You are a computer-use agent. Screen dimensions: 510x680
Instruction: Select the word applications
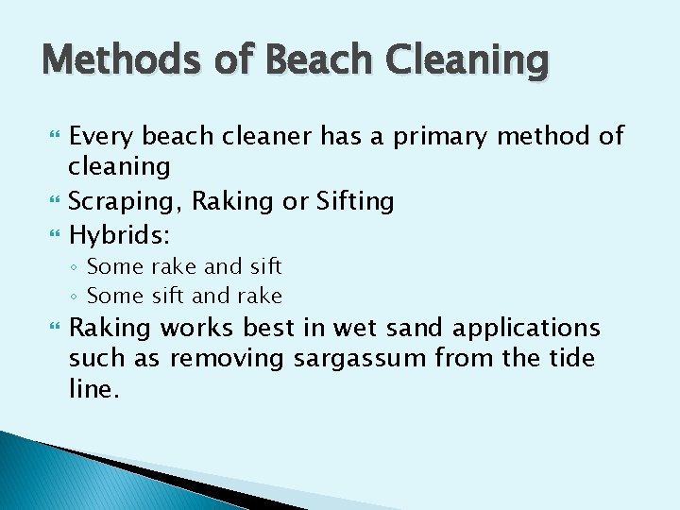(526, 329)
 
